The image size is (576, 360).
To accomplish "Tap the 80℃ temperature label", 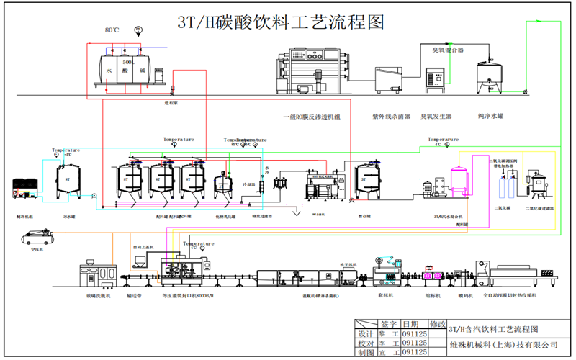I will pos(112,30).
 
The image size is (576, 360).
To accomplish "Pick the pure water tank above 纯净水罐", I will pos(490,78).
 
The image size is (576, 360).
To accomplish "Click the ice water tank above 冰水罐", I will pos(69,180).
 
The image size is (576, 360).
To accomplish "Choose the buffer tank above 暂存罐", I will pos(369,181).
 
